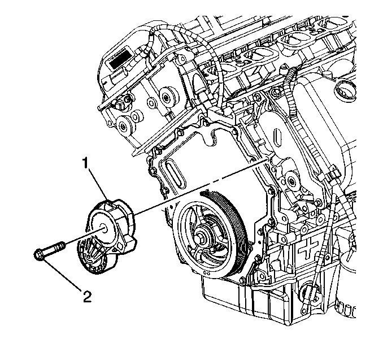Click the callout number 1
click(x=85, y=163)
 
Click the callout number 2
click(x=87, y=297)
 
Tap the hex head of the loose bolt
click(x=39, y=254)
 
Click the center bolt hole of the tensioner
click(x=104, y=228)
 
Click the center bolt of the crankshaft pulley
click(x=203, y=237)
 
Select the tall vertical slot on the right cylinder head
click(x=278, y=137)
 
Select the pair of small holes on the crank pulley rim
click(x=207, y=273)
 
